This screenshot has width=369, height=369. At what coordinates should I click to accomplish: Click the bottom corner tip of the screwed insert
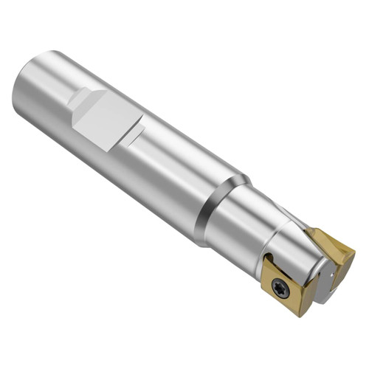[300, 314]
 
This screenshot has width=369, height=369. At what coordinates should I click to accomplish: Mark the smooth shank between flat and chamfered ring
[177, 170]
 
